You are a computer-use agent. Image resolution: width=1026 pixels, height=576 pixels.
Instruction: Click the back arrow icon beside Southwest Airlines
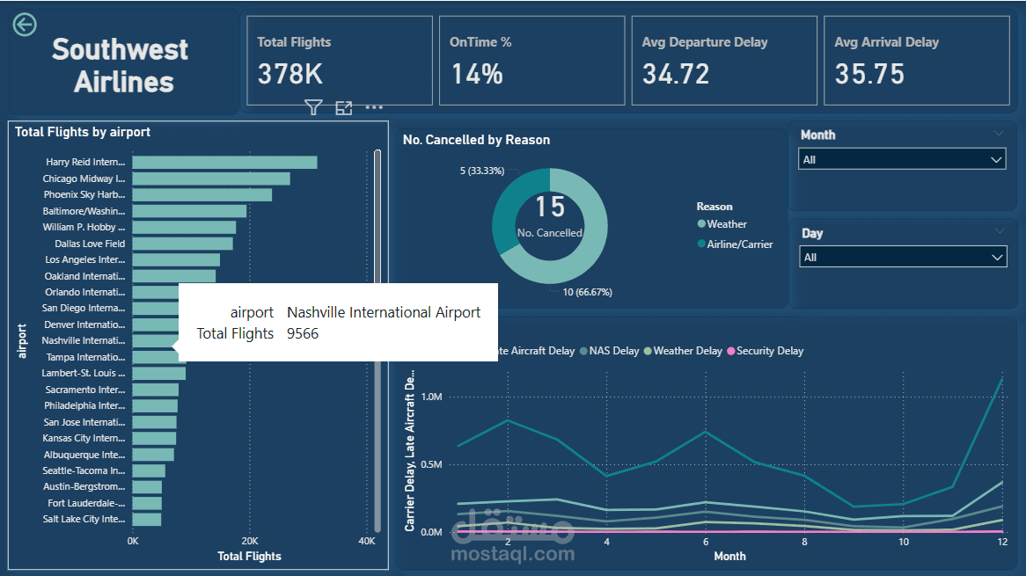coord(25,25)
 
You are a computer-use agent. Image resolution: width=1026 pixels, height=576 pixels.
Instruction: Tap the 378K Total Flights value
coord(290,74)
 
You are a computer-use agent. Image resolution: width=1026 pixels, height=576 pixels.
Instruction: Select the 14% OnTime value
coord(477,74)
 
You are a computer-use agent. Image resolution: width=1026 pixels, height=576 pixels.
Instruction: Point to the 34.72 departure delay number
coord(676,74)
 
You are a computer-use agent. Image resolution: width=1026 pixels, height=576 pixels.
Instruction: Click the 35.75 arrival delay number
coord(869,74)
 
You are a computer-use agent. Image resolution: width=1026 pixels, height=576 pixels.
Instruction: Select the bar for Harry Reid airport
coord(224,163)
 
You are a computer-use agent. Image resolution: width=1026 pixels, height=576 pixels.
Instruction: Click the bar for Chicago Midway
coord(210,179)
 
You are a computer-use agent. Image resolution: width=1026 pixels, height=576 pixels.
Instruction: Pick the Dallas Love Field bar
coord(182,244)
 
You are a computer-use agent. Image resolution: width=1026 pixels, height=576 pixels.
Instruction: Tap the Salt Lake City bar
coord(146,520)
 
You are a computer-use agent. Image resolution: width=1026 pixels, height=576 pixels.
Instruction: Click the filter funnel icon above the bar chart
coord(313,107)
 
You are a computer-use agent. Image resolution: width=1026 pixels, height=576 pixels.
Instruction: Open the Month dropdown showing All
coord(902,160)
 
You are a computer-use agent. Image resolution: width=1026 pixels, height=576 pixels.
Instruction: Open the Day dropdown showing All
coord(902,258)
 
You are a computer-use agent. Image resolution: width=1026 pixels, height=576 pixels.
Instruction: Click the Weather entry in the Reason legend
coord(727,224)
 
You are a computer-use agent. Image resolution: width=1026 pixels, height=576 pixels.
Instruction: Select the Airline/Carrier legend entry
coord(739,244)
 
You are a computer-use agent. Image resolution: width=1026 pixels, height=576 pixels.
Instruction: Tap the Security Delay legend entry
coord(769,351)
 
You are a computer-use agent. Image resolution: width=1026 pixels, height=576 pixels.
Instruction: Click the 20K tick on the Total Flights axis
coord(250,541)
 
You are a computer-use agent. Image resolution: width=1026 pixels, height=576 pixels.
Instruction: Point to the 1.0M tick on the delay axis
coord(432,397)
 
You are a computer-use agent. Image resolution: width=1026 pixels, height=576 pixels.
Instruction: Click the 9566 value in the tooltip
coord(303,333)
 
